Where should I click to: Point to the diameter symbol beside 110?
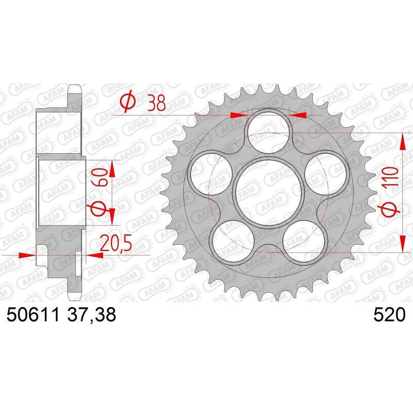[391, 209]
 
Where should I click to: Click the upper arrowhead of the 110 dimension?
[402, 140]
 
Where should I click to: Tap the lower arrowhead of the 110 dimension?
[402, 245]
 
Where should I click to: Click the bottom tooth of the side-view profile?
[75, 293]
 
